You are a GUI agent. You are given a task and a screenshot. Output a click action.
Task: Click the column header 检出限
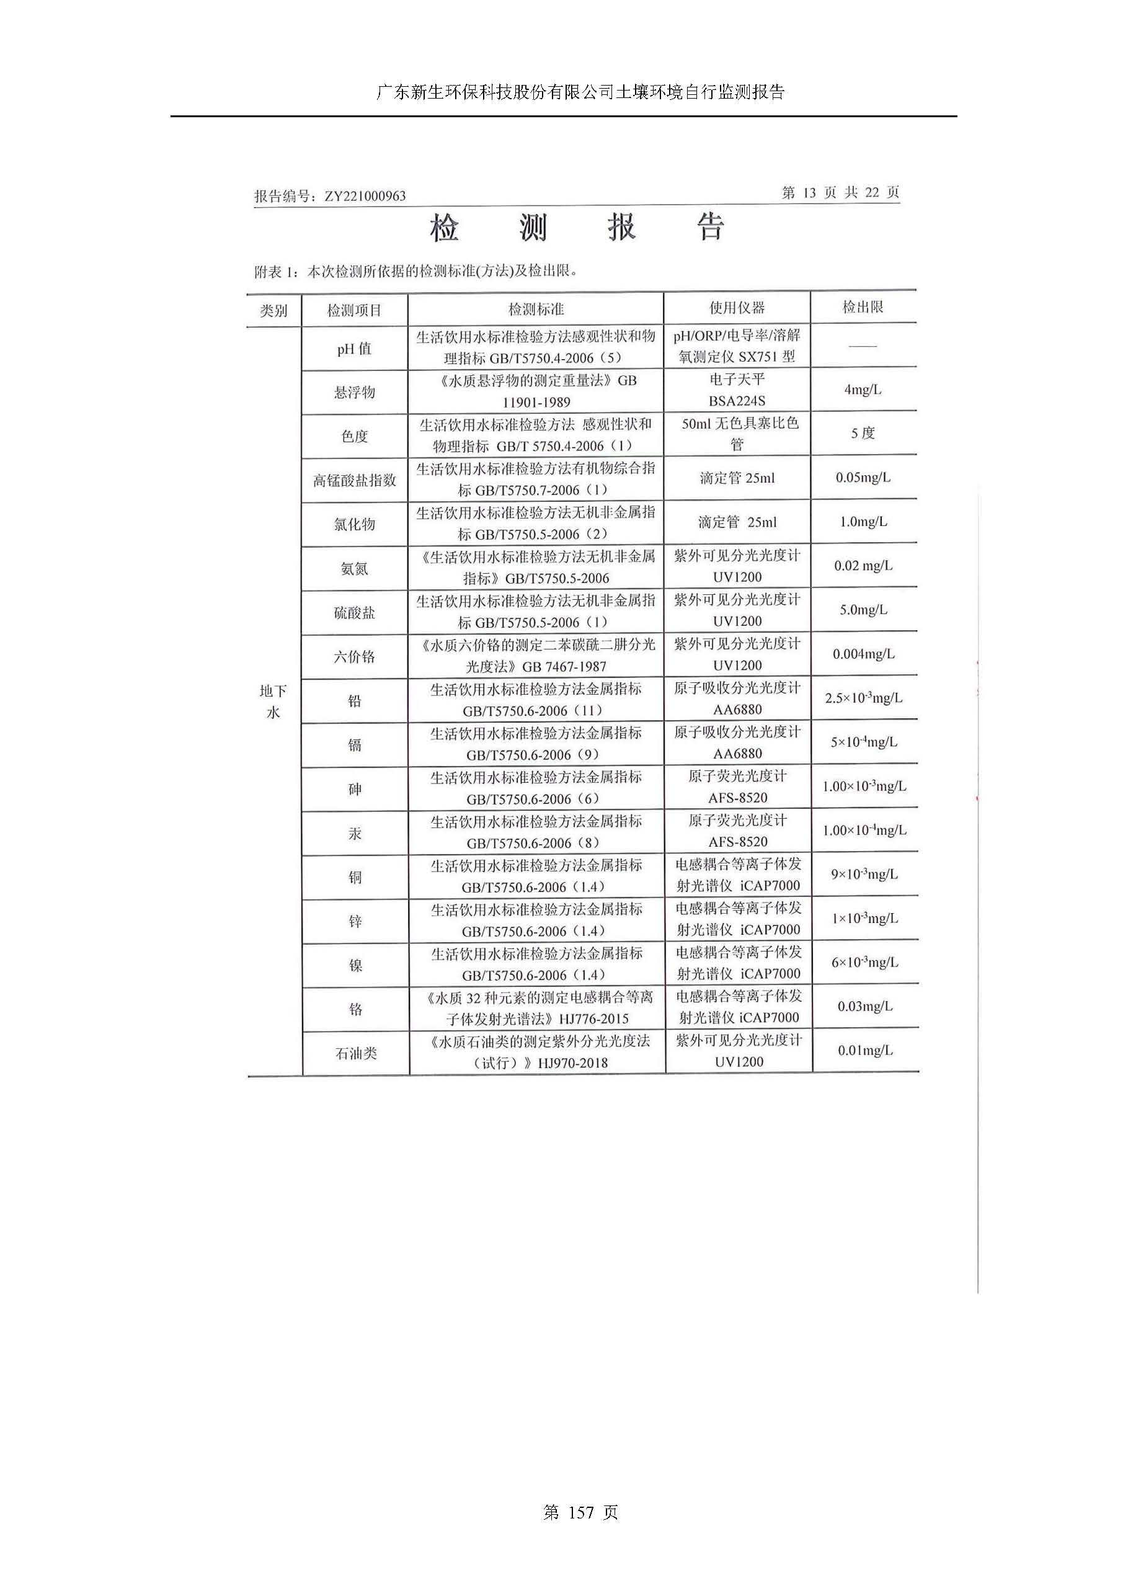click(863, 307)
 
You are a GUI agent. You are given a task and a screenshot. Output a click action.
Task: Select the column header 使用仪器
click(737, 308)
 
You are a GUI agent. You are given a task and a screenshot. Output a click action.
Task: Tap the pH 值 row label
click(355, 348)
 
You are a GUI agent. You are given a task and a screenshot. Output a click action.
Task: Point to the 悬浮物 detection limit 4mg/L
click(863, 390)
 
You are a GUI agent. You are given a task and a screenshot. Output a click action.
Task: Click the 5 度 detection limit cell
click(863, 433)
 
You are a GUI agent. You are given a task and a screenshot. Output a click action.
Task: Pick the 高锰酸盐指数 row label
click(355, 479)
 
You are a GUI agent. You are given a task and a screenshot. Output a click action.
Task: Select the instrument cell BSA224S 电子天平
click(737, 390)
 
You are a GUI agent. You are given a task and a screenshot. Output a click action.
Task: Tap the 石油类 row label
click(356, 1053)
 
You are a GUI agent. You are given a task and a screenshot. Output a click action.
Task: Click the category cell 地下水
click(273, 701)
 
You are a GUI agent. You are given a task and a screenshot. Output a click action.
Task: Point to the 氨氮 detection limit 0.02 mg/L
click(863, 566)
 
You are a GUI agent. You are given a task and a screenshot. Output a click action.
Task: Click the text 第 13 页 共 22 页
click(840, 192)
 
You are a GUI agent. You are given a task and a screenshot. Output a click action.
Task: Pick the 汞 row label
click(355, 833)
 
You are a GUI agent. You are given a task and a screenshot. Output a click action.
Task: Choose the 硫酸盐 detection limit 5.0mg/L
click(863, 610)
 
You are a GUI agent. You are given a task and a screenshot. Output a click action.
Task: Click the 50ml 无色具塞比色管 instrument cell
click(737, 433)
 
